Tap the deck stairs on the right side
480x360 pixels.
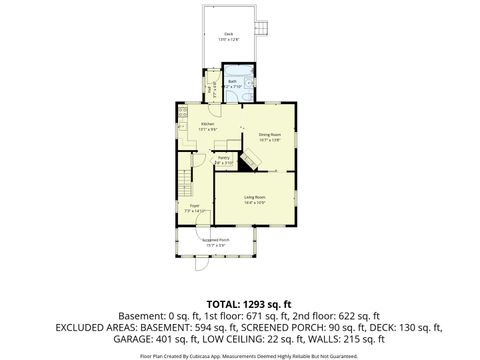coord(263,28)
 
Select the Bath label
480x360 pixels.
coord(231,83)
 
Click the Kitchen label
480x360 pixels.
coord(207,126)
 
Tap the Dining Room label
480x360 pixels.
coord(269,137)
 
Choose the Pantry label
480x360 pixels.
coord(224,159)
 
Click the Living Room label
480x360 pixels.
coord(254,199)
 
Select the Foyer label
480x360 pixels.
coord(194,208)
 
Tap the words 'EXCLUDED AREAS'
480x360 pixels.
coord(95,326)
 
